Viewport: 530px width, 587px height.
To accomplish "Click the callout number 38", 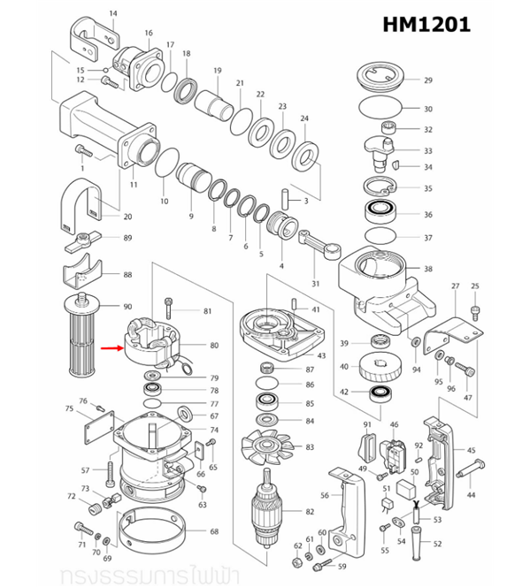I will coord(428,269).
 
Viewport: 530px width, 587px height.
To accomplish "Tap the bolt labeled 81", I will coord(169,311).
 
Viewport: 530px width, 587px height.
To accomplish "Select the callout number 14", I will coord(112,13).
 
